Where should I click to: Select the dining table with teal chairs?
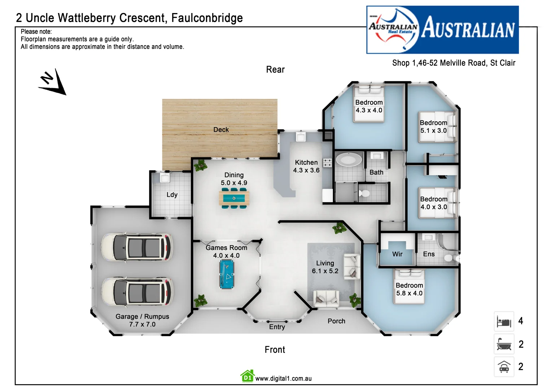[234, 198]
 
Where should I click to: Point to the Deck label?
[221, 130]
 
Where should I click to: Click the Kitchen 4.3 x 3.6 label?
[306, 166]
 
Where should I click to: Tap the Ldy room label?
[172, 195]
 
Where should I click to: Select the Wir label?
[397, 254]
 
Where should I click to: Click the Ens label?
[429, 254]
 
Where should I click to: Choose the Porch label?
[336, 321]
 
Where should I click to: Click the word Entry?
[277, 327]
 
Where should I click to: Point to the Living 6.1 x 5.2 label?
[325, 267]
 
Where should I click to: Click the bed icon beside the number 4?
[504, 321]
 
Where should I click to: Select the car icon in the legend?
[504, 367]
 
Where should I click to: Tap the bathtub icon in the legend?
[504, 344]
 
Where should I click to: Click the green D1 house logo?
[247, 376]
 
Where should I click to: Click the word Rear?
[275, 70]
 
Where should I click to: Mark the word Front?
[275, 350]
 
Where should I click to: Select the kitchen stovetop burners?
[327, 162]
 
